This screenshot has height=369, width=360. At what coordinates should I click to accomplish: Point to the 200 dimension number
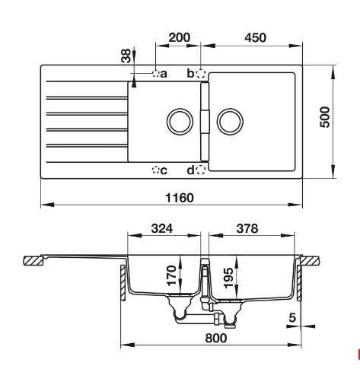tap(179, 37)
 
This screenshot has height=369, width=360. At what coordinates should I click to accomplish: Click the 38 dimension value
tap(126, 56)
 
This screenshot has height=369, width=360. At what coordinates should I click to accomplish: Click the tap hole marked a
tap(156, 74)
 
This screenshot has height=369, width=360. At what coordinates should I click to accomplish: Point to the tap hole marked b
tap(201, 74)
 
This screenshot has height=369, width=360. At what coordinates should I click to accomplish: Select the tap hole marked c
tap(156, 169)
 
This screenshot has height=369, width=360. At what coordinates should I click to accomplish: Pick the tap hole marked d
tap(201, 169)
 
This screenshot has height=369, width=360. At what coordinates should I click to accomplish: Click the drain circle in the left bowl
tap(178, 122)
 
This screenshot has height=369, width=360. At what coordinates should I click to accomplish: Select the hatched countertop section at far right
tap(310, 260)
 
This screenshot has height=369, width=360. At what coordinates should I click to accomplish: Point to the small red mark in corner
tap(358, 352)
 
